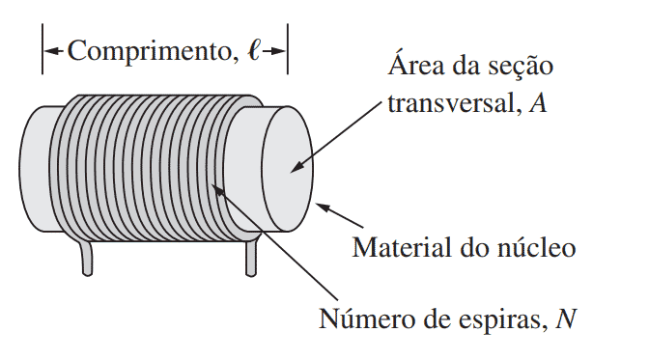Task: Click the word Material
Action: click(399, 248)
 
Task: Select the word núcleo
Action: click(537, 248)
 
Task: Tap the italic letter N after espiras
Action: click(567, 317)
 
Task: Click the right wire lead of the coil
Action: click(253, 257)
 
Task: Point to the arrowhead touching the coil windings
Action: click(219, 191)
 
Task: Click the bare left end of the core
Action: click(37, 169)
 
